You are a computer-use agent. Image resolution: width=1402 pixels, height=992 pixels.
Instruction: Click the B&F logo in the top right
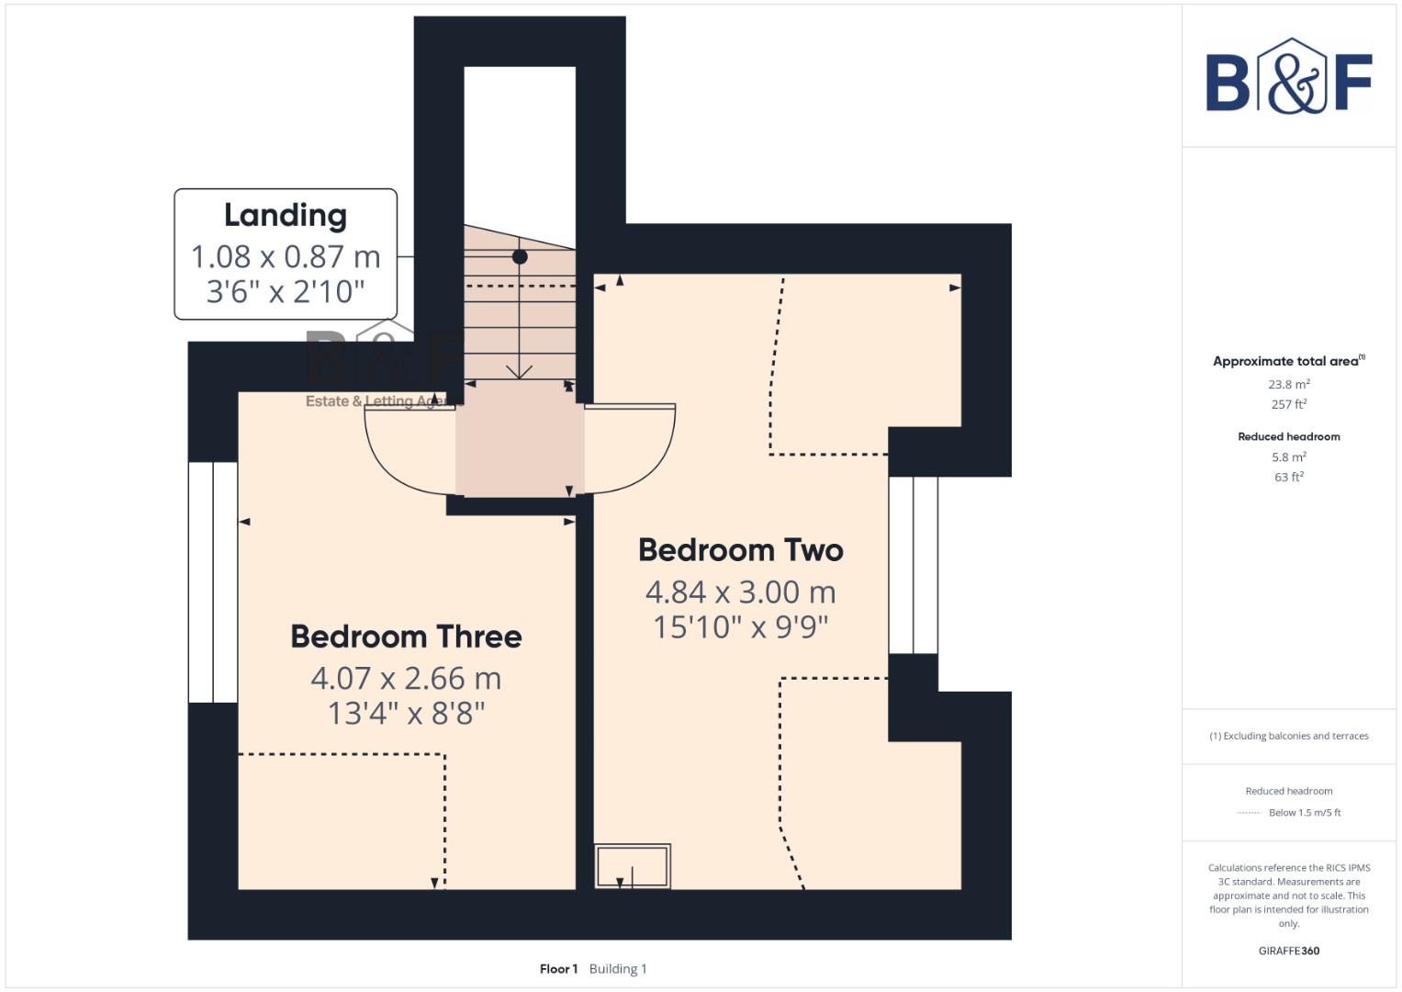[x=1288, y=77]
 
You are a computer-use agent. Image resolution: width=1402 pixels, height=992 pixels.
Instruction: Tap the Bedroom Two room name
[x=740, y=550]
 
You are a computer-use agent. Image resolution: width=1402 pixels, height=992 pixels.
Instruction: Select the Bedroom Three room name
[x=406, y=637]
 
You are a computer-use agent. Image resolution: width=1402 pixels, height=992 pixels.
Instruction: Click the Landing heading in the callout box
[x=286, y=215]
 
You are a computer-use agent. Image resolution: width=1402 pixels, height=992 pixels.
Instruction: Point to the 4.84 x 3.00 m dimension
[x=740, y=592]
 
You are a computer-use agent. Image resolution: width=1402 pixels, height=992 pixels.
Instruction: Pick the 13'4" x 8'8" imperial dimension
[x=406, y=714]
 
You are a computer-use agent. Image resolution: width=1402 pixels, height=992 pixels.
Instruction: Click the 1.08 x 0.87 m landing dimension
[x=286, y=256]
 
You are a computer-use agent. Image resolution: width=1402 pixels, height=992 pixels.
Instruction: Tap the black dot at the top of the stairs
[x=520, y=257]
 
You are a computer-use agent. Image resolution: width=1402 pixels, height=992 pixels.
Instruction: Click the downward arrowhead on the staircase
[x=520, y=371]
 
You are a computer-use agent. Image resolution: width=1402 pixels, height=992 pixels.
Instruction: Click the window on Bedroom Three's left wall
[x=213, y=582]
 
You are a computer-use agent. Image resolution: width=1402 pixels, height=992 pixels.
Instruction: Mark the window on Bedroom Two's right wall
[x=913, y=565]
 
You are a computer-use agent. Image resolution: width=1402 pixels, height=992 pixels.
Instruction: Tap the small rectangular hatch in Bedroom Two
[x=632, y=866]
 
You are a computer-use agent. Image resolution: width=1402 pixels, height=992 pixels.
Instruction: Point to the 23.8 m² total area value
[x=1288, y=385]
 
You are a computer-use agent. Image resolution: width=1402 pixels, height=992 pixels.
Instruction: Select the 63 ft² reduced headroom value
[x=1288, y=478]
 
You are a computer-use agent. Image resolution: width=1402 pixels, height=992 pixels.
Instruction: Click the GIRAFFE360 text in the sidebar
[x=1288, y=951]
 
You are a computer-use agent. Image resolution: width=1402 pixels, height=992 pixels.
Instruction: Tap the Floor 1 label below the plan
[x=558, y=969]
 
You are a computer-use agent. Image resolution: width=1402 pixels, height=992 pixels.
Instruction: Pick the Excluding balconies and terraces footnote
[x=1288, y=736]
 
